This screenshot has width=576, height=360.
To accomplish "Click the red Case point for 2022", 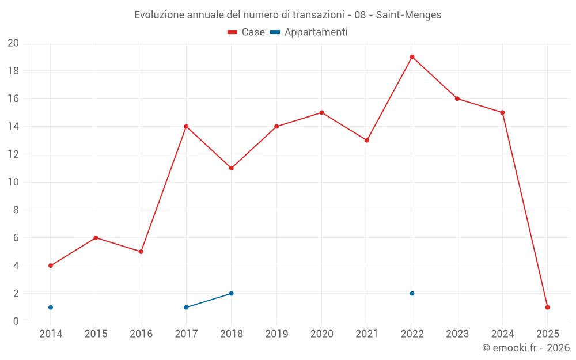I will coord(412,57).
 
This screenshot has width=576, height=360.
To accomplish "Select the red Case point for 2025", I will coord(547,307).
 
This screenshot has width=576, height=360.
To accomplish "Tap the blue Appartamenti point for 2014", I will coord(51,307).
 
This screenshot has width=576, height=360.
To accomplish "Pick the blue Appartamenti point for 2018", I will coord(231,293).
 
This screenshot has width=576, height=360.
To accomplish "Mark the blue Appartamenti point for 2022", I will coord(412,293).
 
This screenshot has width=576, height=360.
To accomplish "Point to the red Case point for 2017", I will coord(186,126).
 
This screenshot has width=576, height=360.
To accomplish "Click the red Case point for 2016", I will coord(141,252).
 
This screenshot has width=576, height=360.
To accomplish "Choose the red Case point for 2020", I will coord(321,112).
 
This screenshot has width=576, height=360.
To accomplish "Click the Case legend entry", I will coord(246,32).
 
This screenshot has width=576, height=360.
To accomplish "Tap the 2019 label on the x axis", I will coord(276,334).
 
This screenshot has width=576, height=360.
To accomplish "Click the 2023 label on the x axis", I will coord(457,334).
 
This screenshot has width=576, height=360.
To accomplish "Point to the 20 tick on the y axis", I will coord(13,43).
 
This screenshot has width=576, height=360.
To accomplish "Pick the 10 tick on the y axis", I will coord(13,182).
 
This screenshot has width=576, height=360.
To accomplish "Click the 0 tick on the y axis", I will coord(16,321).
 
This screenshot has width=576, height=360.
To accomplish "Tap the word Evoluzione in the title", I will coord(159,15).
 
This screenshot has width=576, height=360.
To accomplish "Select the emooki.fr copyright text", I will coord(526,348).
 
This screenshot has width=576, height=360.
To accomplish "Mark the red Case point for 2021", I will coord(366,140).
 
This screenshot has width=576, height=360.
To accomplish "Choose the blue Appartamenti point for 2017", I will coord(186,307).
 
